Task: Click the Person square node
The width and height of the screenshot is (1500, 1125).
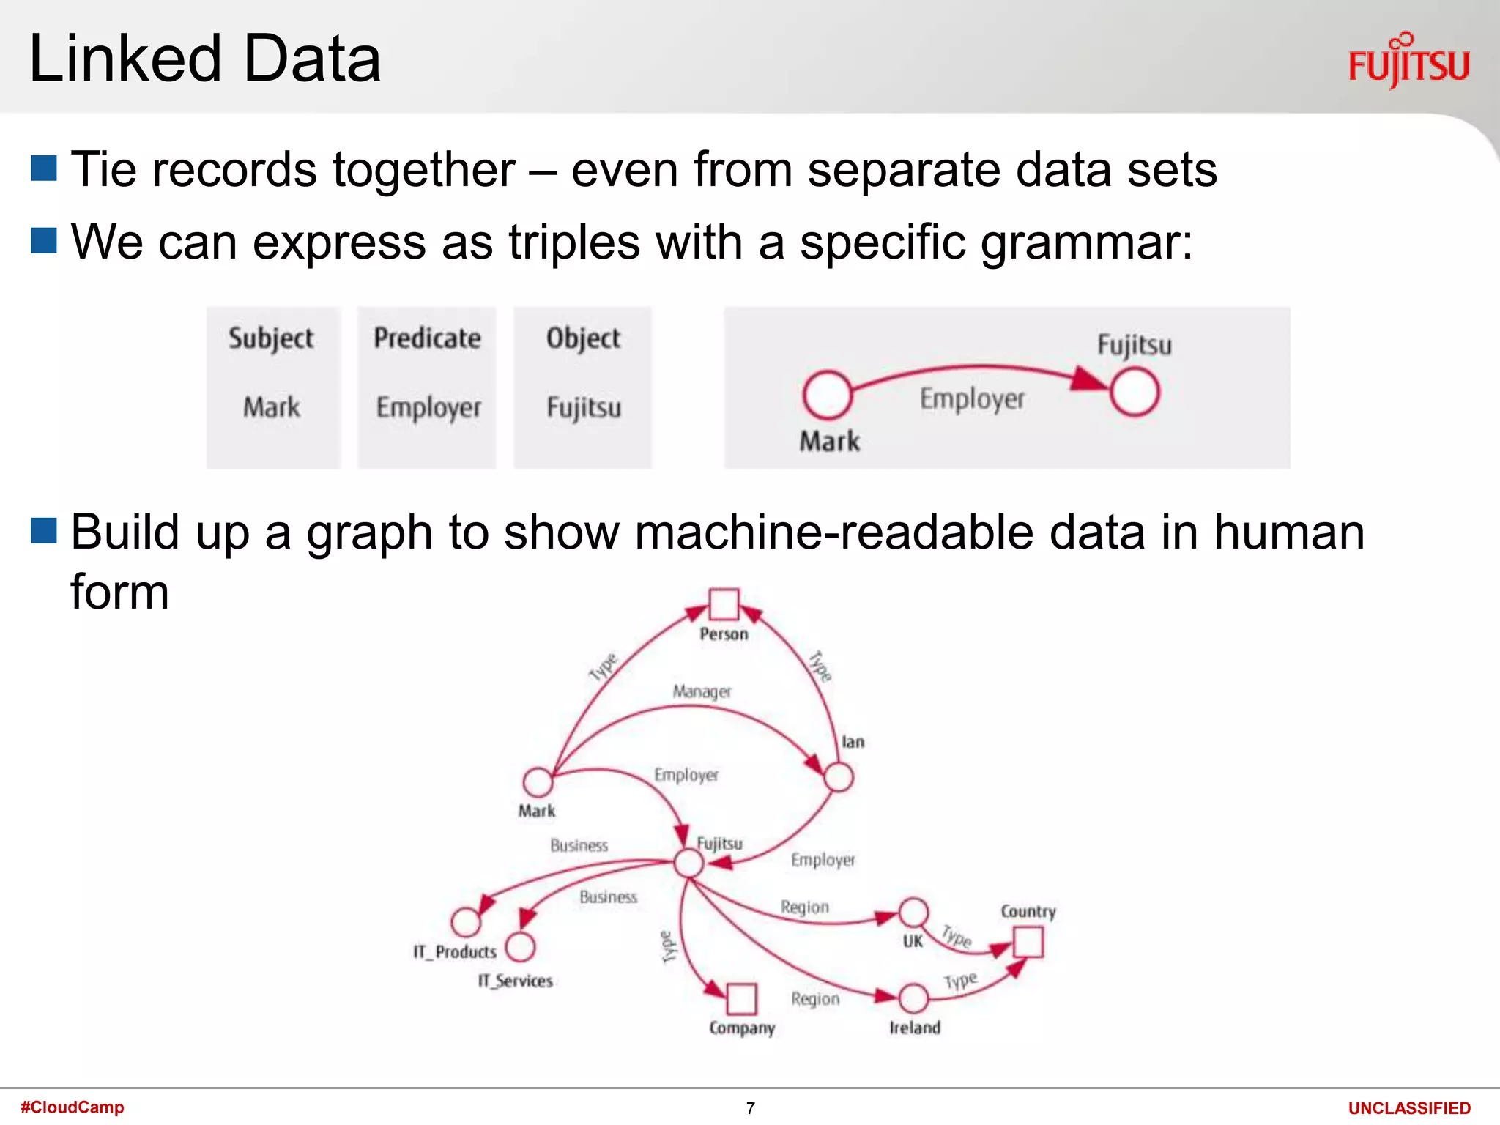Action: tap(724, 604)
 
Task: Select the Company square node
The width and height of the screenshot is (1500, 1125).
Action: tap(741, 999)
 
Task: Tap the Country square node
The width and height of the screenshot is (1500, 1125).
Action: tap(1028, 942)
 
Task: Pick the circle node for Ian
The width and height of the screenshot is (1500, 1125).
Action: tap(838, 777)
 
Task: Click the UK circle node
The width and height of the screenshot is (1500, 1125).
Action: tap(913, 913)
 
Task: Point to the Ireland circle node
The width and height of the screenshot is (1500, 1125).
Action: tap(913, 998)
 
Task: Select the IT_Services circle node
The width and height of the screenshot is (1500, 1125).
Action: tap(520, 946)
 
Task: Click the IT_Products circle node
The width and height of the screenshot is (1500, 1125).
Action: tap(466, 922)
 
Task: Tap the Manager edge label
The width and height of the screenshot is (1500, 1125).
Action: tap(702, 691)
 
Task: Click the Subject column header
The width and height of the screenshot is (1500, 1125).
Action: tap(271, 338)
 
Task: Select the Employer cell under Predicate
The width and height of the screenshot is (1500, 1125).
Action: tap(428, 407)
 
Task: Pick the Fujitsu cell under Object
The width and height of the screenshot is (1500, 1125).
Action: tap(584, 407)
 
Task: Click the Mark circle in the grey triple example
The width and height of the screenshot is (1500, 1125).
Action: tap(827, 394)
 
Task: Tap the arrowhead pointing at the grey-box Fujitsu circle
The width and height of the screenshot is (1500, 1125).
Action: tap(1089, 379)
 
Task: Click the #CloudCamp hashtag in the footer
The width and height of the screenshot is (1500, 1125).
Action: tap(73, 1107)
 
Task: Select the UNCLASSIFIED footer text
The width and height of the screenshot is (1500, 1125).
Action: tap(1408, 1108)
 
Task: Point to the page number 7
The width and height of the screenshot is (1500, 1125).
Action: tap(750, 1108)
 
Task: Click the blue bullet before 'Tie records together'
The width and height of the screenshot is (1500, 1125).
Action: tap(44, 168)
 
